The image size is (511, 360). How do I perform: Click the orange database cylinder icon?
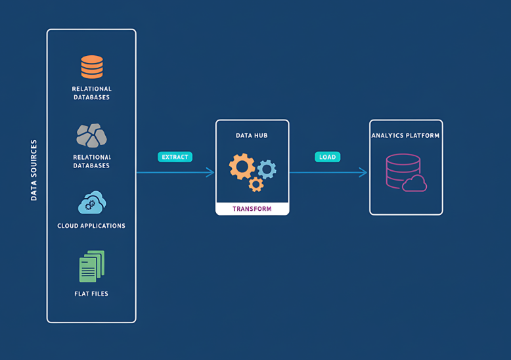(x=92, y=67)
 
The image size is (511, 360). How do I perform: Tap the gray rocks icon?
(x=91, y=135)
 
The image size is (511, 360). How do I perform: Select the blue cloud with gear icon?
(x=91, y=203)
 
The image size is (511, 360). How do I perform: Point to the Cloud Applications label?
(x=91, y=226)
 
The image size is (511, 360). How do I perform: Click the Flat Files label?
(x=91, y=294)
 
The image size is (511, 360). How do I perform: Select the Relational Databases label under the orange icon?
(x=92, y=93)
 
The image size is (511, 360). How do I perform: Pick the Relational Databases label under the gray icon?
(x=92, y=162)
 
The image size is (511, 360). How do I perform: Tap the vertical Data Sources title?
(x=34, y=169)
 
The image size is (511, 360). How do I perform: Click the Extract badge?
(x=175, y=157)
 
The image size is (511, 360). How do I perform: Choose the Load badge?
(x=327, y=157)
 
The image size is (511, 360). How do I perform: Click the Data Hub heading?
(x=252, y=135)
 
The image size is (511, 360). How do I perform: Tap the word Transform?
(x=252, y=209)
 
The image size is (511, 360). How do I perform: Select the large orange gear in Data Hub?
(x=241, y=166)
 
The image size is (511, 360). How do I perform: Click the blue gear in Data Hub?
(x=267, y=169)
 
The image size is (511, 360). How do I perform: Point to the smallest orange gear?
(x=256, y=185)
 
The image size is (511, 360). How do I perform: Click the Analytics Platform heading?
(x=406, y=136)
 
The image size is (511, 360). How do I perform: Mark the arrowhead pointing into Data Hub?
(x=211, y=173)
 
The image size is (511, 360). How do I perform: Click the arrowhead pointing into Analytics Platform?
(x=363, y=173)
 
